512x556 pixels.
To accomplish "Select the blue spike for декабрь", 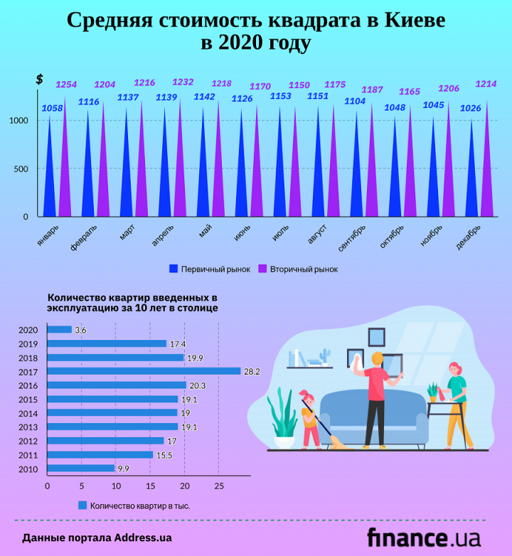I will coord(472,178).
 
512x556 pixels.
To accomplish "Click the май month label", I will coord(206,232).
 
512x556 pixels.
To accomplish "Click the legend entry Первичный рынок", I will coord(209,269).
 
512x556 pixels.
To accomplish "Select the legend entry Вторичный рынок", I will coord(297,269).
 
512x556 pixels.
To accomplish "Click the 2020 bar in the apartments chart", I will coord(59,330).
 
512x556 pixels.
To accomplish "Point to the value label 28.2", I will coord(252,371).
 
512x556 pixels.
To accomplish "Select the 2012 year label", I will coord(28,441).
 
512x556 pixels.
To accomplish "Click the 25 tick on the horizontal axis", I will coord(218,486).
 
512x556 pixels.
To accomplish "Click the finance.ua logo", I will coord(424,537).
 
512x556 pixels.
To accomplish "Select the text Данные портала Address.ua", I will coord(97,538).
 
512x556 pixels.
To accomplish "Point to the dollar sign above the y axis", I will coord(39,80).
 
